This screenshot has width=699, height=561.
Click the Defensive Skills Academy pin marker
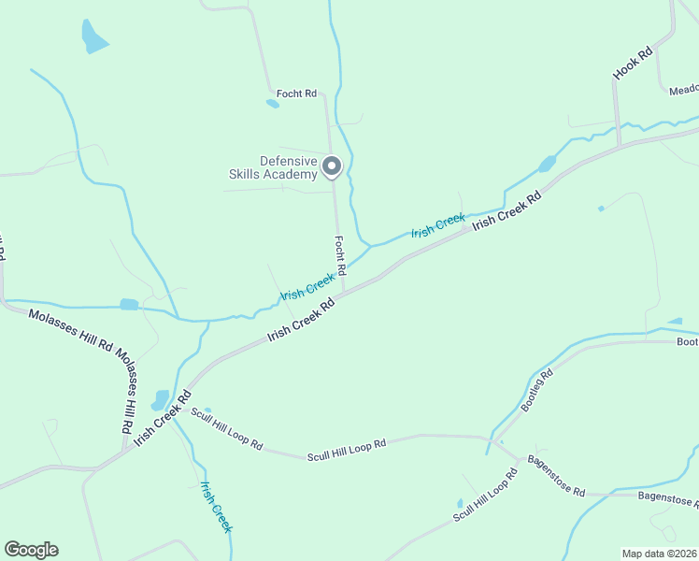coord(332,166)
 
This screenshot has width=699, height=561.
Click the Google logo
coord(31,550)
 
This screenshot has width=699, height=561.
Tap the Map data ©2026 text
coord(659,554)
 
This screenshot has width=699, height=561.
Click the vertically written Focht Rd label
coord(341,255)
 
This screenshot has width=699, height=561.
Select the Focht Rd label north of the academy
coord(296,93)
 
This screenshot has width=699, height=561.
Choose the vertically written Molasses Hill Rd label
coord(127,392)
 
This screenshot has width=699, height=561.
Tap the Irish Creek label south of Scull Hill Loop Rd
coord(215,506)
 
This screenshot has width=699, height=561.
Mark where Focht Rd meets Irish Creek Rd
coord(342,294)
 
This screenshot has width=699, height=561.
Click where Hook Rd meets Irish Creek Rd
coord(619,145)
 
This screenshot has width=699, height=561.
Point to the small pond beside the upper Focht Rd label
coord(272,104)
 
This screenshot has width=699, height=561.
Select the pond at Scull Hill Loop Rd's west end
coord(160,401)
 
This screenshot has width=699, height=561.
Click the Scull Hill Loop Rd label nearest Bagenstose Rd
coord(485,496)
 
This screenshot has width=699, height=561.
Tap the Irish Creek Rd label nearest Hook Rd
coord(506,211)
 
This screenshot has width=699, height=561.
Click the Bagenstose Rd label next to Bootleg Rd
coord(555,477)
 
